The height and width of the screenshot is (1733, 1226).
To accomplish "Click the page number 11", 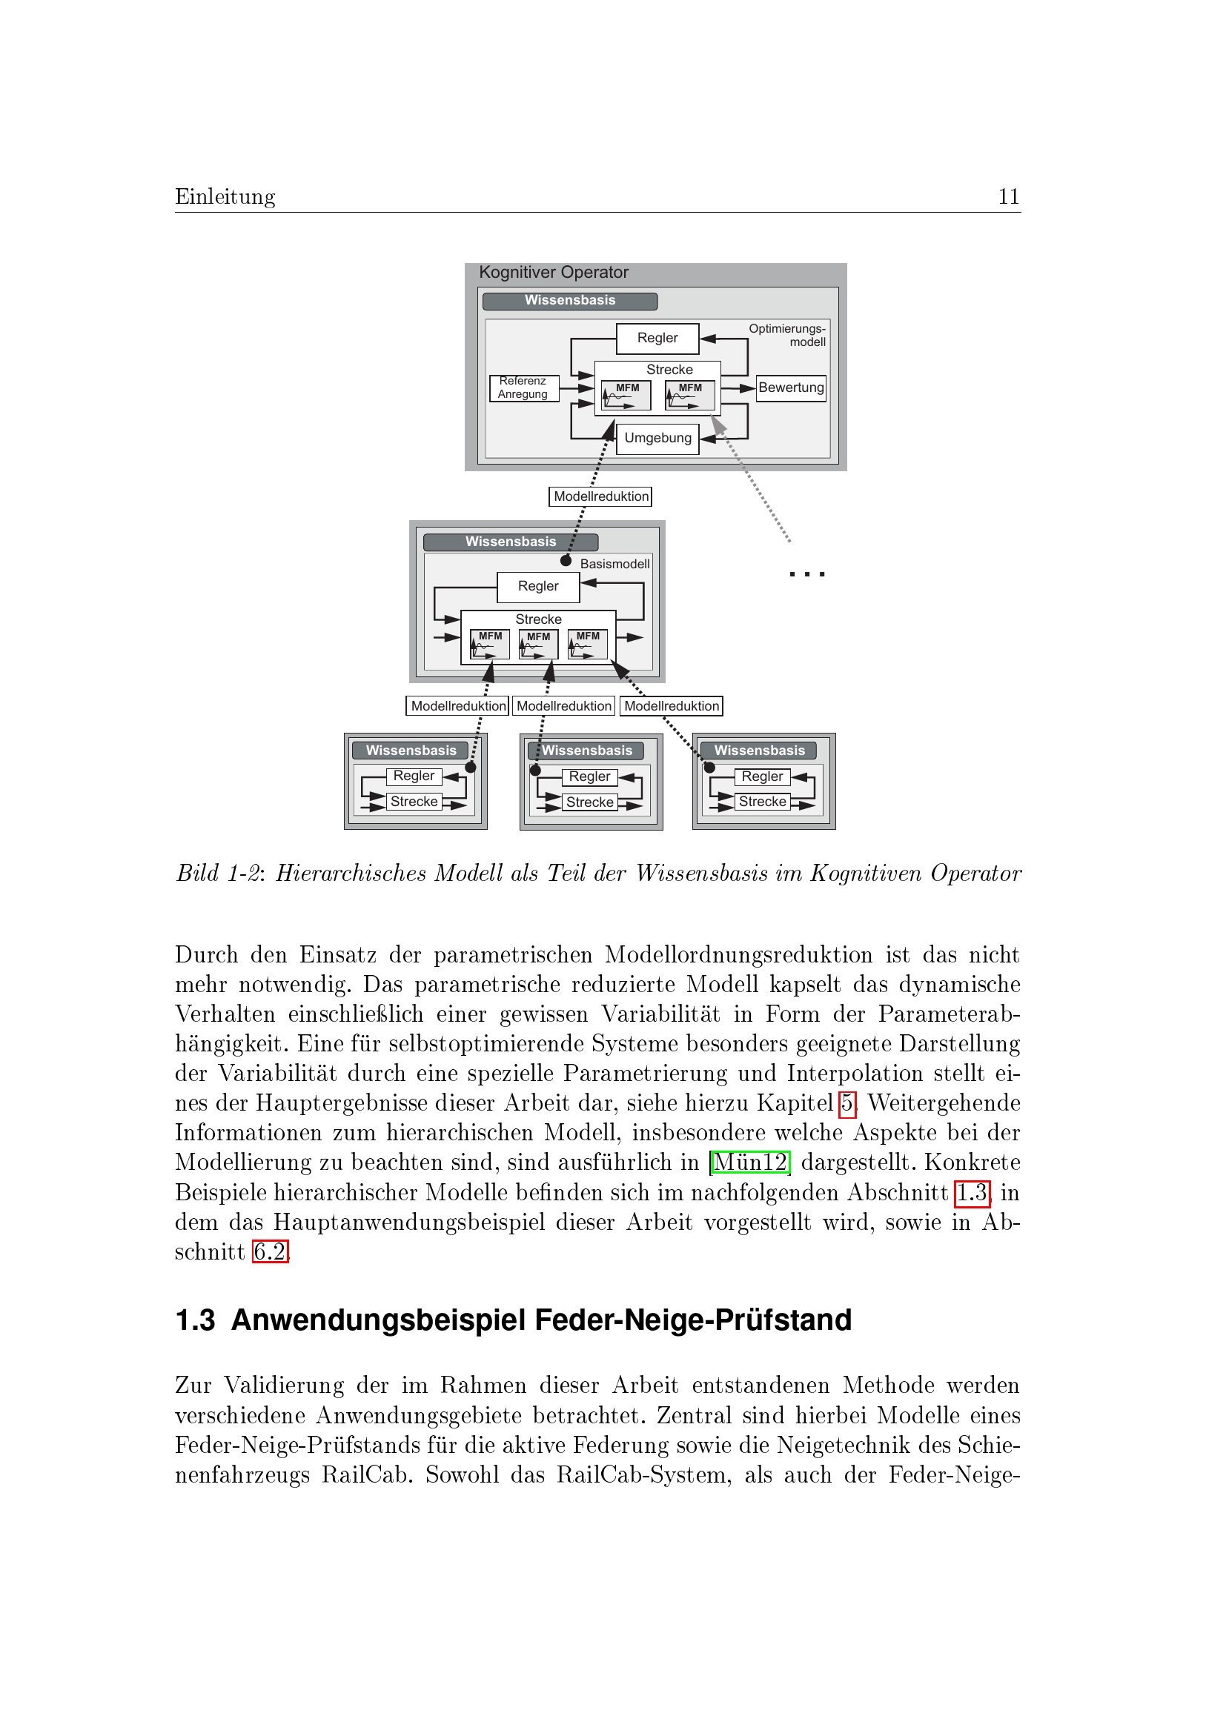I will [1008, 197].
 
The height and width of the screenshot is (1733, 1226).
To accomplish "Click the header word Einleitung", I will [225, 197].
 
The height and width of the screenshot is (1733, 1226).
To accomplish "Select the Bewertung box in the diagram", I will [790, 388].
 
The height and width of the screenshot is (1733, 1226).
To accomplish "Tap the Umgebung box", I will [657, 439].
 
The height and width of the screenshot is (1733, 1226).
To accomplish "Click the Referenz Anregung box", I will [523, 388].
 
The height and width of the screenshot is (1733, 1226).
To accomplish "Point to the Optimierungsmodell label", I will [787, 335].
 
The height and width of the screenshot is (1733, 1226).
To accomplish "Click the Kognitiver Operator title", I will [554, 273].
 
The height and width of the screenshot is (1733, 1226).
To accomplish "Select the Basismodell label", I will [614, 564].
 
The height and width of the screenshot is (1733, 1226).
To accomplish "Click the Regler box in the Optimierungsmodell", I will [657, 338].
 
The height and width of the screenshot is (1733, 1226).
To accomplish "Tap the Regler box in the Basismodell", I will [537, 587].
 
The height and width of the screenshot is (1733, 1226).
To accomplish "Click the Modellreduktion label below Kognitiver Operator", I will [601, 496].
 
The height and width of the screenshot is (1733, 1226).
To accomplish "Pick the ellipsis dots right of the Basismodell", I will [806, 575].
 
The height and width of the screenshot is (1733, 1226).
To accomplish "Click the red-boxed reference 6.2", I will [270, 1252].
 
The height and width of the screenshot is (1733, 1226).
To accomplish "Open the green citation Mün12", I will [749, 1162].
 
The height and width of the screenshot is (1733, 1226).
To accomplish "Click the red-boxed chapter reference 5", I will [847, 1103].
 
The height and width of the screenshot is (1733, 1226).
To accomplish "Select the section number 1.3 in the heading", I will [195, 1321].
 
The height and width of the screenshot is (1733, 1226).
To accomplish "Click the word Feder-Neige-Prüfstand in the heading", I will [693, 1321].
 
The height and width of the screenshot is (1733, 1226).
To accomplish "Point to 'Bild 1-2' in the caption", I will [217, 874].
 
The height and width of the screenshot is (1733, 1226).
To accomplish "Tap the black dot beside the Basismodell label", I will [566, 561].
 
